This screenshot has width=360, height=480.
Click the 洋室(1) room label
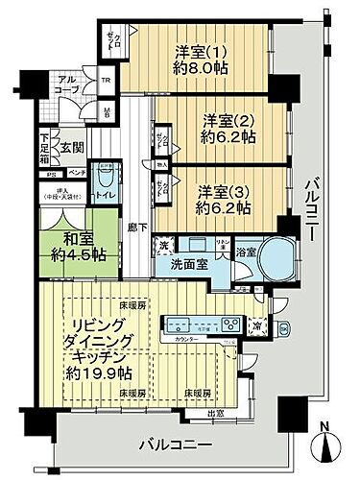[x=201, y=48]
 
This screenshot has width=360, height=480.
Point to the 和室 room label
[x=68, y=248]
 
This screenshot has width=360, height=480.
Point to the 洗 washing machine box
[x=164, y=245]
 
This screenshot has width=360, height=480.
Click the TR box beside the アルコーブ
[x=106, y=81]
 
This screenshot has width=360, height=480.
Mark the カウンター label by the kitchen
[x=188, y=340]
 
